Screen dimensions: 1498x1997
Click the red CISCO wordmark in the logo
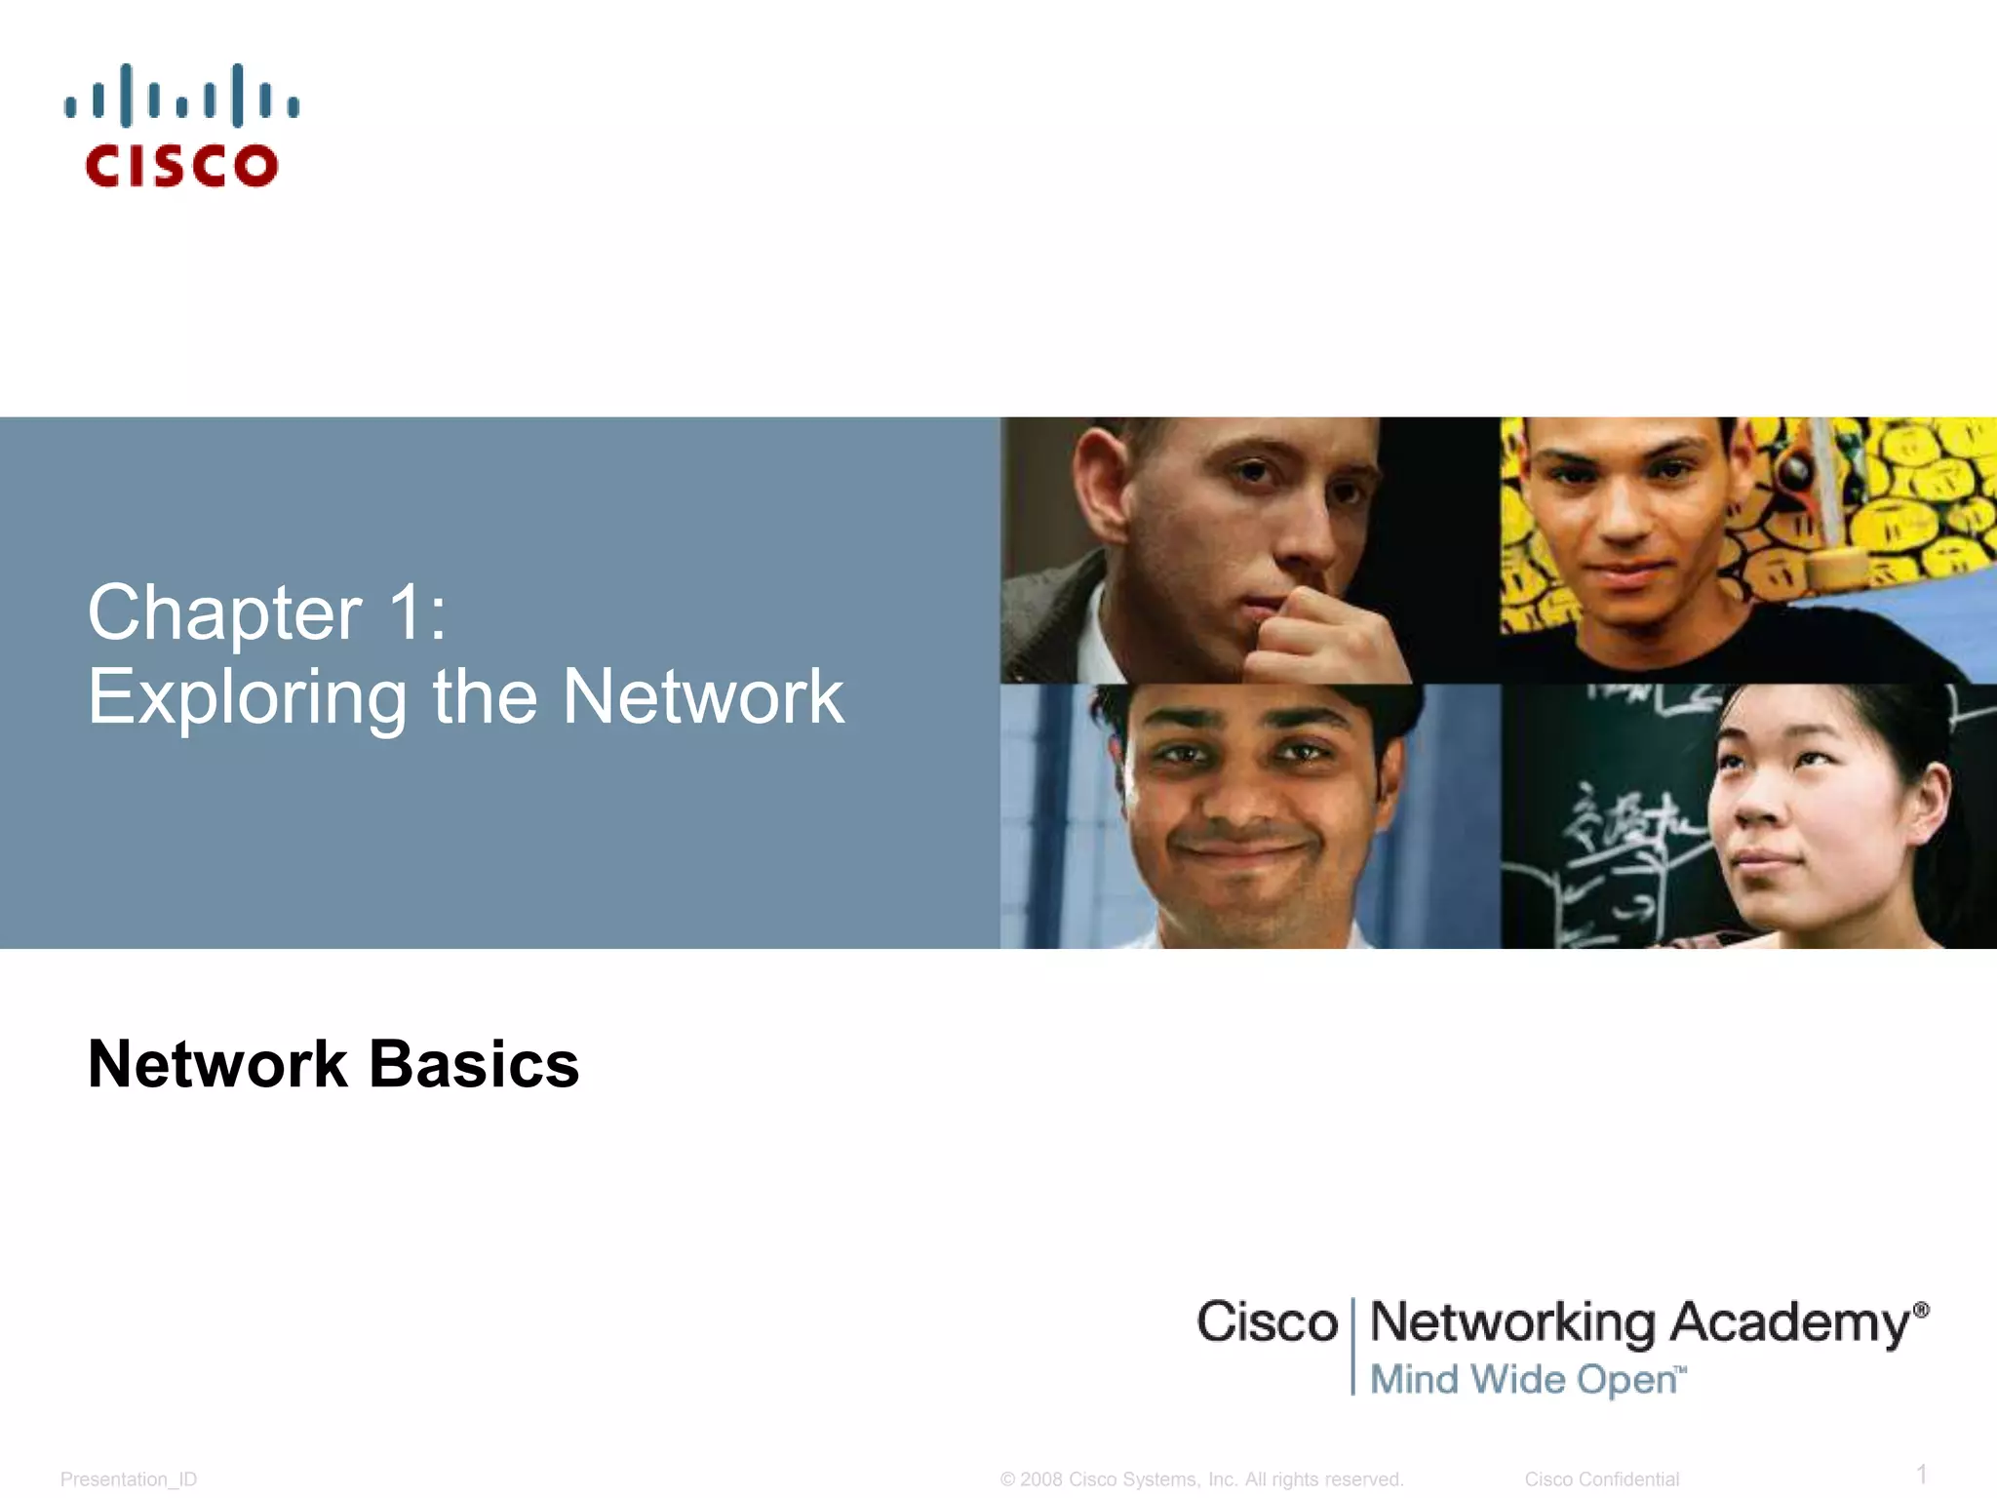pyautogui.click(x=181, y=166)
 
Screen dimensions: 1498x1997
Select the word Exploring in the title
pyautogui.click(x=247, y=698)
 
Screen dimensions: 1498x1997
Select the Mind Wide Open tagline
pyautogui.click(x=1527, y=1380)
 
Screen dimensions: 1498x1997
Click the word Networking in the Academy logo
pyautogui.click(x=1512, y=1323)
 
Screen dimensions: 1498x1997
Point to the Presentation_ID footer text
pyautogui.click(x=129, y=1479)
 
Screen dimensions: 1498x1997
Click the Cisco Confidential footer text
pyautogui.click(x=1601, y=1479)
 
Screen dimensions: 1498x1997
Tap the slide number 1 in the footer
pyautogui.click(x=1922, y=1474)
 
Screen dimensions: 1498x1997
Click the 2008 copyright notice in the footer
pyautogui.click(x=1201, y=1479)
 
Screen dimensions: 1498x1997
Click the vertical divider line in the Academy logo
pyautogui.click(x=1353, y=1346)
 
